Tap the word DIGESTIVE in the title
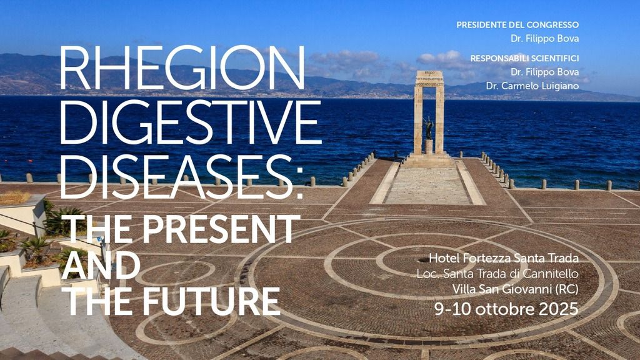point(190,122)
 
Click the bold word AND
point(101,266)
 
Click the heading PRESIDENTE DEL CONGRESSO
point(517,25)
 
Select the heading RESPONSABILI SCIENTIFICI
point(524,58)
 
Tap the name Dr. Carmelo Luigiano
point(532,86)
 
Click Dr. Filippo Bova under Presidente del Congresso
point(544,38)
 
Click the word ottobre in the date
point(507,309)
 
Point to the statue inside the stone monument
point(429,129)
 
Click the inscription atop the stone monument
point(429,78)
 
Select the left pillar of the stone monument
point(418,119)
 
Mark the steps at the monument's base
point(429,161)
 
